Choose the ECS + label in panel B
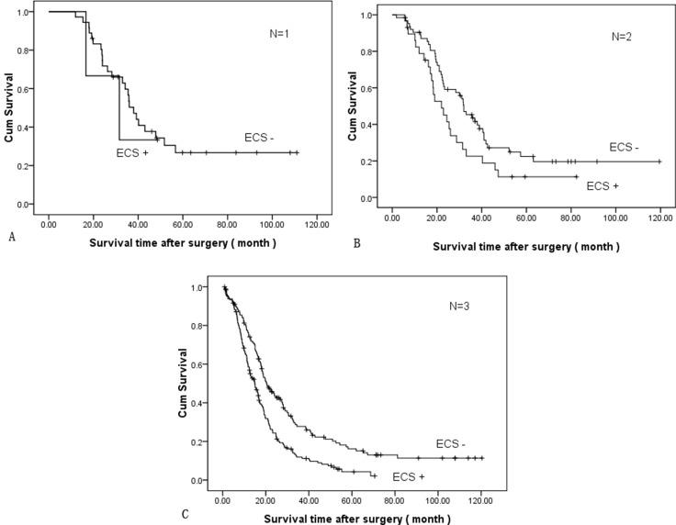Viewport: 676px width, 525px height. coord(603,185)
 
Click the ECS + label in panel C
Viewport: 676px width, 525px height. coord(410,477)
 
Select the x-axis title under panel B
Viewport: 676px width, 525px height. coord(526,247)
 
